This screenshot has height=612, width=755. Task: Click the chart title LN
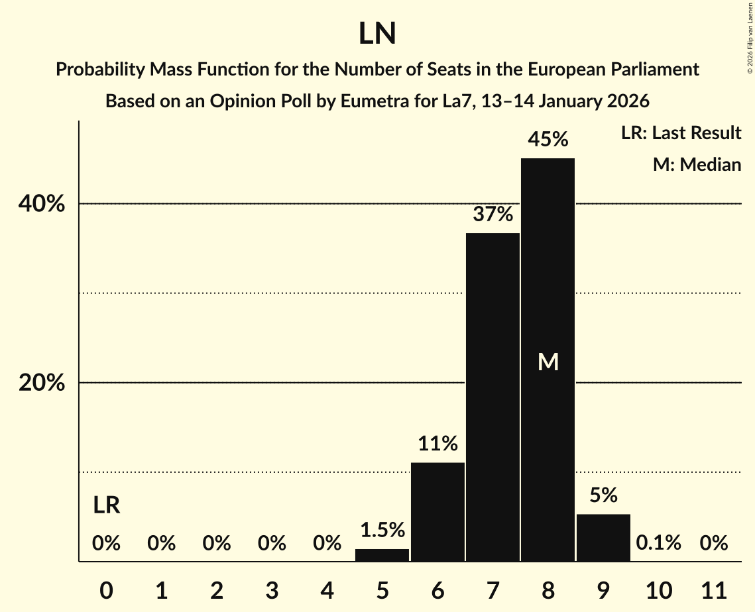point(377,34)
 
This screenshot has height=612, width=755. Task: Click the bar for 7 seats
point(493,397)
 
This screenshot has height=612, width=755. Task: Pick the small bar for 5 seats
point(382,555)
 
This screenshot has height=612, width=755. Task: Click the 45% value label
point(548,140)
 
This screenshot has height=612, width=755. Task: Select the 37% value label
point(493,215)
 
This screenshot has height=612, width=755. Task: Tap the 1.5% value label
point(382,530)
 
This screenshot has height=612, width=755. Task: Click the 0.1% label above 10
point(658,543)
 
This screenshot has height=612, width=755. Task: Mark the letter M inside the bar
point(548,362)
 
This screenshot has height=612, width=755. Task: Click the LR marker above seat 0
point(106,505)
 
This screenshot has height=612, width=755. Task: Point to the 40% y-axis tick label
point(41,204)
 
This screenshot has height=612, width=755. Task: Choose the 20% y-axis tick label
point(41,383)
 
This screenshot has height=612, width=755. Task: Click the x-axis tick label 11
point(714,589)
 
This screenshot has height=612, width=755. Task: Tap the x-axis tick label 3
point(272,589)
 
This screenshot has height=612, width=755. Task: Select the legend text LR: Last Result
point(681,133)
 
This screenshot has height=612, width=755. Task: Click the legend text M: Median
point(697,164)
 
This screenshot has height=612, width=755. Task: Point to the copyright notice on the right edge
point(748,37)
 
